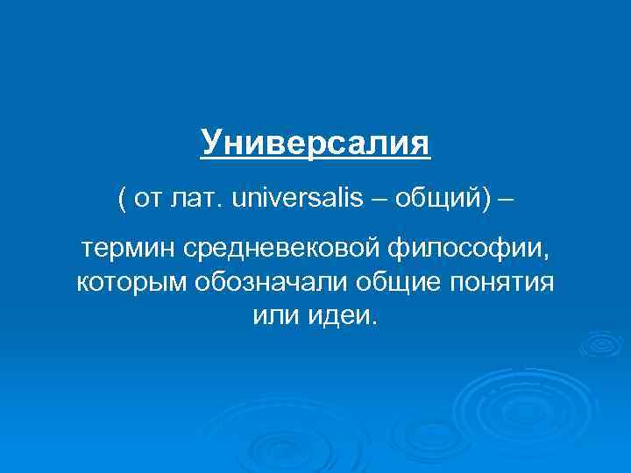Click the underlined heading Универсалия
click(x=315, y=142)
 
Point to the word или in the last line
click(x=272, y=315)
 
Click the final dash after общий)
click(x=507, y=198)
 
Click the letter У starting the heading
click(x=209, y=142)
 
